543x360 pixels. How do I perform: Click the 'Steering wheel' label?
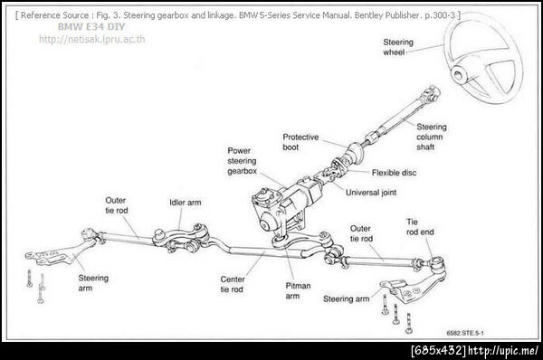coord(398,47)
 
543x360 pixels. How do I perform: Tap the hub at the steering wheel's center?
coord(459,74)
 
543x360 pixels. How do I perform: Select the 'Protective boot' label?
coord(300,142)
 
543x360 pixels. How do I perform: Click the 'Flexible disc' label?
coord(394,173)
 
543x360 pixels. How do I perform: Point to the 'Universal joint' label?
coord(371,193)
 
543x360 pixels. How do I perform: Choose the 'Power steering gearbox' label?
coord(242,161)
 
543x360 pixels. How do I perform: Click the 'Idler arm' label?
coord(186,203)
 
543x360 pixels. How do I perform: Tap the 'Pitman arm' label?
coord(298,290)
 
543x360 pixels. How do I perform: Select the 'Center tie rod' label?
coord(233,284)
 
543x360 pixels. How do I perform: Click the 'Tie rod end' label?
coord(420,227)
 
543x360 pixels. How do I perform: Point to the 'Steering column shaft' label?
coord(431,137)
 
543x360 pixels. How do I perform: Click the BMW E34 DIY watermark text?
coord(91,26)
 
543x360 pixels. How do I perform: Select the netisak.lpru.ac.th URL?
coord(92,39)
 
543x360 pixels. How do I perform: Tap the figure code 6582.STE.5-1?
coord(465,333)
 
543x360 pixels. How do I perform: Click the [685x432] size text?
coord(438,350)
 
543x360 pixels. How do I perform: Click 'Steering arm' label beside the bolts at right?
coord(346,298)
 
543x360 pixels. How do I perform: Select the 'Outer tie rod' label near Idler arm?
coord(117,205)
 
